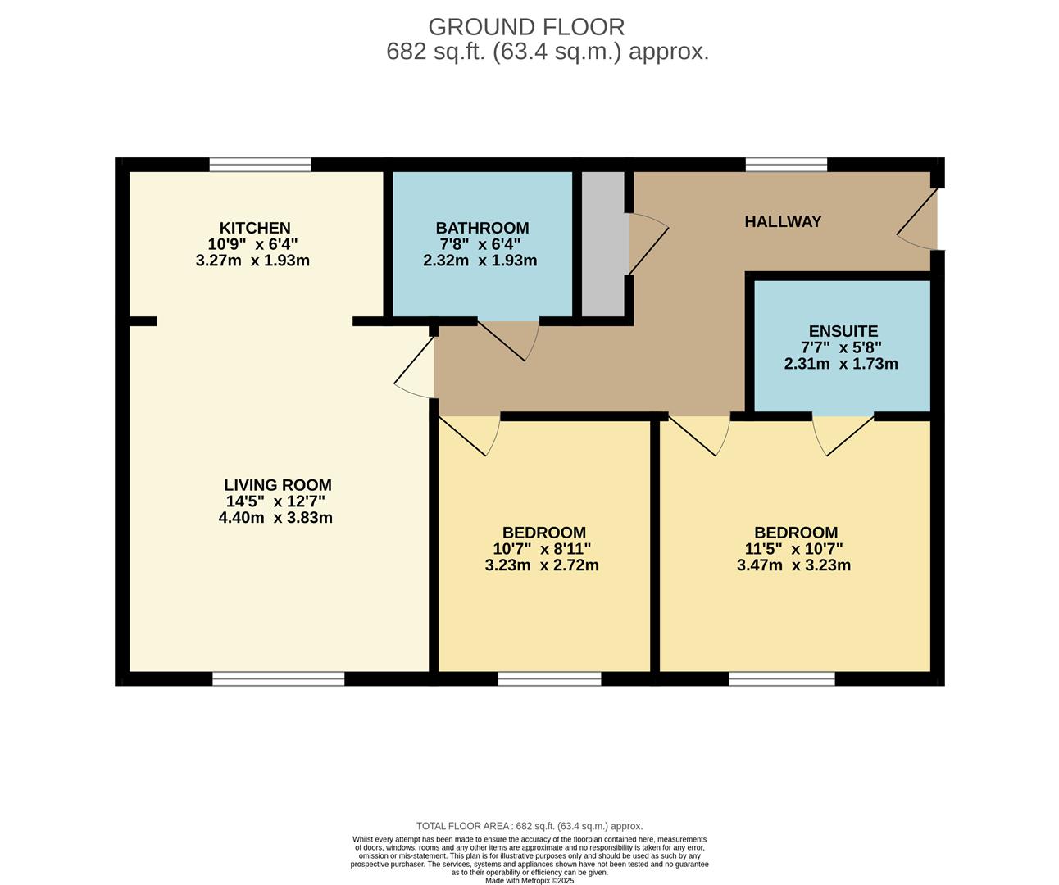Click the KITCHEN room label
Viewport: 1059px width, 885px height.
pyautogui.click(x=254, y=228)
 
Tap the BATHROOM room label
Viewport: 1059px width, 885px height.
pyautogui.click(x=482, y=228)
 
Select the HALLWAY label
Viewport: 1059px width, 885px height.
pyautogui.click(x=783, y=221)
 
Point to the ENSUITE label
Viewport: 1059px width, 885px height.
pyautogui.click(x=843, y=331)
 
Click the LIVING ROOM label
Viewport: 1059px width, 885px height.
pyautogui.click(x=278, y=485)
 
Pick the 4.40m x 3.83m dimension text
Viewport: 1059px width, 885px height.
pyautogui.click(x=275, y=517)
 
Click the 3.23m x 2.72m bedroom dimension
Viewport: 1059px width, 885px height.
pyautogui.click(x=542, y=565)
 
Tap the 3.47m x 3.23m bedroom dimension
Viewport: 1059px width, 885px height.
pyautogui.click(x=793, y=565)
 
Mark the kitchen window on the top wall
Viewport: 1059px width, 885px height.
pyautogui.click(x=260, y=165)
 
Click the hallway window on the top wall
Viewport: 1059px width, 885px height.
pyautogui.click(x=785, y=165)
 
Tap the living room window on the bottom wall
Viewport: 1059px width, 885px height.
pyautogui.click(x=278, y=678)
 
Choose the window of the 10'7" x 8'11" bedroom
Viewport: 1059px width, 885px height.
pyautogui.click(x=549, y=678)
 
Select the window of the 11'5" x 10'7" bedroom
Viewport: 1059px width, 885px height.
pyautogui.click(x=781, y=678)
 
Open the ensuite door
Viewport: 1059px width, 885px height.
pyautogui.click(x=843, y=433)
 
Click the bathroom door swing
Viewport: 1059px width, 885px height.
pyautogui.click(x=508, y=338)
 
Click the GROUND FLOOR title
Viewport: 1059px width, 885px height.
pyautogui.click(x=526, y=27)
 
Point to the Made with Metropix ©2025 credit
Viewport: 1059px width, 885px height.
pyautogui.click(x=529, y=881)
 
